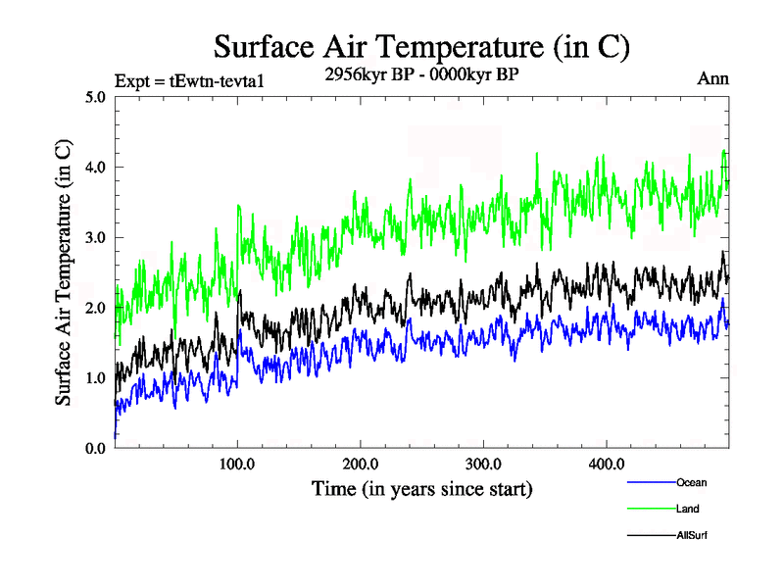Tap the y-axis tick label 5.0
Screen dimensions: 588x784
[96, 98]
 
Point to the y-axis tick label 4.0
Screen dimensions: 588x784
[96, 168]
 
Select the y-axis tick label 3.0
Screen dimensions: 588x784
[96, 238]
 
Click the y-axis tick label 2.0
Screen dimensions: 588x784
[96, 308]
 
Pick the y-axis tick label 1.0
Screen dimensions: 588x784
[96, 378]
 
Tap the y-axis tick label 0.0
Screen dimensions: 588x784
[96, 448]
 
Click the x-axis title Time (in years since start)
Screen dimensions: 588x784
[421, 488]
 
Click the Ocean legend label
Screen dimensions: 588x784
[691, 482]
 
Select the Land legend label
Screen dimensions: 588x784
[688, 509]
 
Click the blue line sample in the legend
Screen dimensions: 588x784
[650, 483]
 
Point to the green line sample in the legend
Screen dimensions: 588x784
[650, 510]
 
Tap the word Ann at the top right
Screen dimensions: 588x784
[712, 79]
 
